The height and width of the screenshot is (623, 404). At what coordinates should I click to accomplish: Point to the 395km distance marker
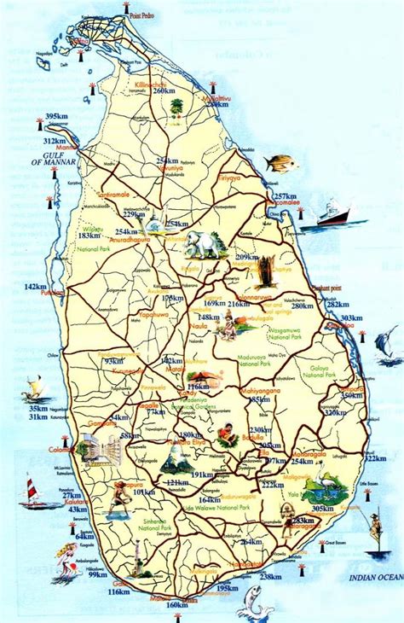[56, 117]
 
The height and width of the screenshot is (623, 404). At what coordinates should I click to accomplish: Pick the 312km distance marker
[55, 141]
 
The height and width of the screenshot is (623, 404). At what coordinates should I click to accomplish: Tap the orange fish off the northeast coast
[280, 162]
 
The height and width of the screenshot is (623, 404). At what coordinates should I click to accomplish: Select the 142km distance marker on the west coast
[37, 287]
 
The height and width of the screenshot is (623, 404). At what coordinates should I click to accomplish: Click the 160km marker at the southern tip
[176, 605]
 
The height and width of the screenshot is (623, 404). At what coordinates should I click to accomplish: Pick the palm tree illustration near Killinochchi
[176, 108]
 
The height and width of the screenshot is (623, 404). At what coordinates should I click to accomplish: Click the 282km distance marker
[338, 305]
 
